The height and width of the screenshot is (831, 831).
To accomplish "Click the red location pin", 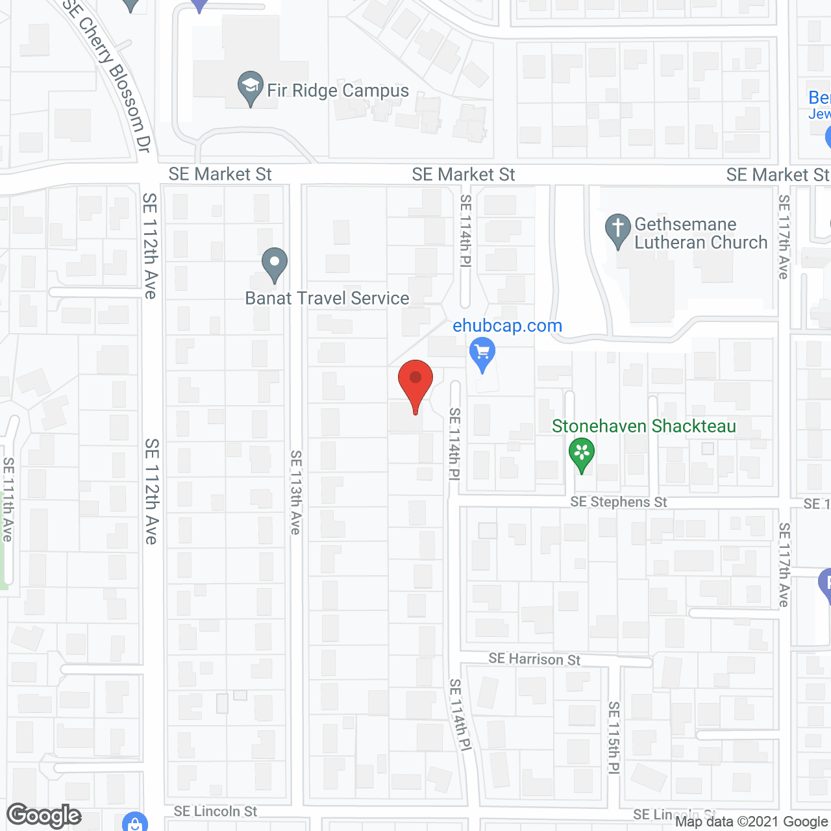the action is pos(415,382).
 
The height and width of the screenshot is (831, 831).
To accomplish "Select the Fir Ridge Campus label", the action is pos(338,90).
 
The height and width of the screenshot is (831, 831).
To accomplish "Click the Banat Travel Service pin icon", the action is pos(275,264).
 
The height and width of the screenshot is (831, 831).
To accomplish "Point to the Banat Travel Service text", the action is pos(327,298).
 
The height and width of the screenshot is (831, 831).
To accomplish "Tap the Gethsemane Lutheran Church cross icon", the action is pos(617,230).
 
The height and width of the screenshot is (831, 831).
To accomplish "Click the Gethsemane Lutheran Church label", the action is pos(701,233).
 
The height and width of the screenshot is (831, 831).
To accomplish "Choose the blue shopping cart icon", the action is pos(482,354).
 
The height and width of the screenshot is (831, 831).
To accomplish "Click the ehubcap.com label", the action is pos(507,326).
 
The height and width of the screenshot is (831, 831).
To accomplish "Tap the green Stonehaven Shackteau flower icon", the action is pos(582,454).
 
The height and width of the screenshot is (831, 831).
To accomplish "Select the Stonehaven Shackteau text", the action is pos(643,426).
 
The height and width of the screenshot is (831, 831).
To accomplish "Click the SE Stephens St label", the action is pos(618,502).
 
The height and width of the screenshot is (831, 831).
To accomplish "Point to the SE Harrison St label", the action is pos(534,659).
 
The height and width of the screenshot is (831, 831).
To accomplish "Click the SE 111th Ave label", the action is pos(8,499).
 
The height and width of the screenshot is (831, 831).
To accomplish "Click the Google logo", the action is pos(44,815).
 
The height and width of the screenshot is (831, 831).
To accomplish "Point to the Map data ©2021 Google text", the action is pos(751,821).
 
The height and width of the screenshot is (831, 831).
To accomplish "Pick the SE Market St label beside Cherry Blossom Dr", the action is pos(220,174).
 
